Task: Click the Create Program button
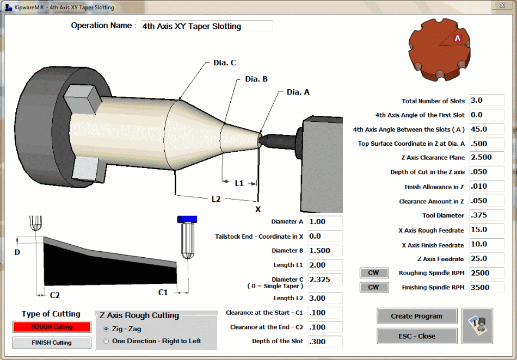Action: (x=416, y=316)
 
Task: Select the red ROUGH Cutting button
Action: (x=52, y=327)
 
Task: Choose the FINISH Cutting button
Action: (x=52, y=343)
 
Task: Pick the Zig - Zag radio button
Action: (x=106, y=329)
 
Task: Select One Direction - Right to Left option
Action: (x=106, y=341)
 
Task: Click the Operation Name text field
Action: (x=206, y=26)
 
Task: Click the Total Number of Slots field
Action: (x=486, y=101)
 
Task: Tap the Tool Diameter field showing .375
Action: (x=486, y=215)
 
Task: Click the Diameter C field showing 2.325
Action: (x=325, y=280)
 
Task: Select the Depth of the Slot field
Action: (x=325, y=342)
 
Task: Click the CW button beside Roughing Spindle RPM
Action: (x=373, y=273)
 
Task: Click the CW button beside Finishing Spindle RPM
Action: (x=373, y=287)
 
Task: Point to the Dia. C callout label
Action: (x=224, y=63)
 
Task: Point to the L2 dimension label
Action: (x=216, y=199)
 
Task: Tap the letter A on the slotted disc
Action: (x=458, y=39)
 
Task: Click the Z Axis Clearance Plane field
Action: (x=486, y=158)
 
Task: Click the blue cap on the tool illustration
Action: (x=187, y=219)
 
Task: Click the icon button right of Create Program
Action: (x=477, y=325)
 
